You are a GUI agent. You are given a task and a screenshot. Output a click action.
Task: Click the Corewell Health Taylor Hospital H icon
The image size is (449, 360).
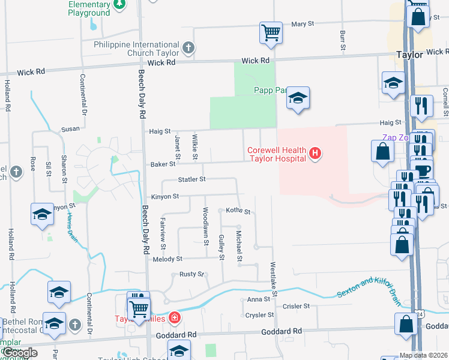315,154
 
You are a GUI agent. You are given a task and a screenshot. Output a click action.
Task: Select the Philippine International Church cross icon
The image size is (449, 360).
188,47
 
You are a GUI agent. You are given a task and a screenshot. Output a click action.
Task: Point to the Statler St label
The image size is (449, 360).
191,179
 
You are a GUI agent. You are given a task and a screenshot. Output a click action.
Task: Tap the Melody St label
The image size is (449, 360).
167,259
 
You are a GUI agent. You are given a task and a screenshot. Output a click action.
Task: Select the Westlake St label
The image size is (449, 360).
273,280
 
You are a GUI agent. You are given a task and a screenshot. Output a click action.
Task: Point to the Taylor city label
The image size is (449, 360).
410,54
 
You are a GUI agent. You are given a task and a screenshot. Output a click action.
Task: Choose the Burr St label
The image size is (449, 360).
342,40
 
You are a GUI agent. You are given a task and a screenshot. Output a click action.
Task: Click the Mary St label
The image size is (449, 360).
303,24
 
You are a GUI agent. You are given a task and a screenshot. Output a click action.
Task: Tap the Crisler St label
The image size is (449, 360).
296,306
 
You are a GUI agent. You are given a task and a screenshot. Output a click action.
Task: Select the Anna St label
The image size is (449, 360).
255,299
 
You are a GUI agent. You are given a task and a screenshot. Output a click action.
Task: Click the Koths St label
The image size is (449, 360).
238,211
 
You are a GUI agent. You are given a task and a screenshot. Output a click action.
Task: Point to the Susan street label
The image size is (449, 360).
70,129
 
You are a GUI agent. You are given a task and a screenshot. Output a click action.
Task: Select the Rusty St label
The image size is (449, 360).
192,274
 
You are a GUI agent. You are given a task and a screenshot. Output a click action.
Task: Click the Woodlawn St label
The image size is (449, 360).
205,223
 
